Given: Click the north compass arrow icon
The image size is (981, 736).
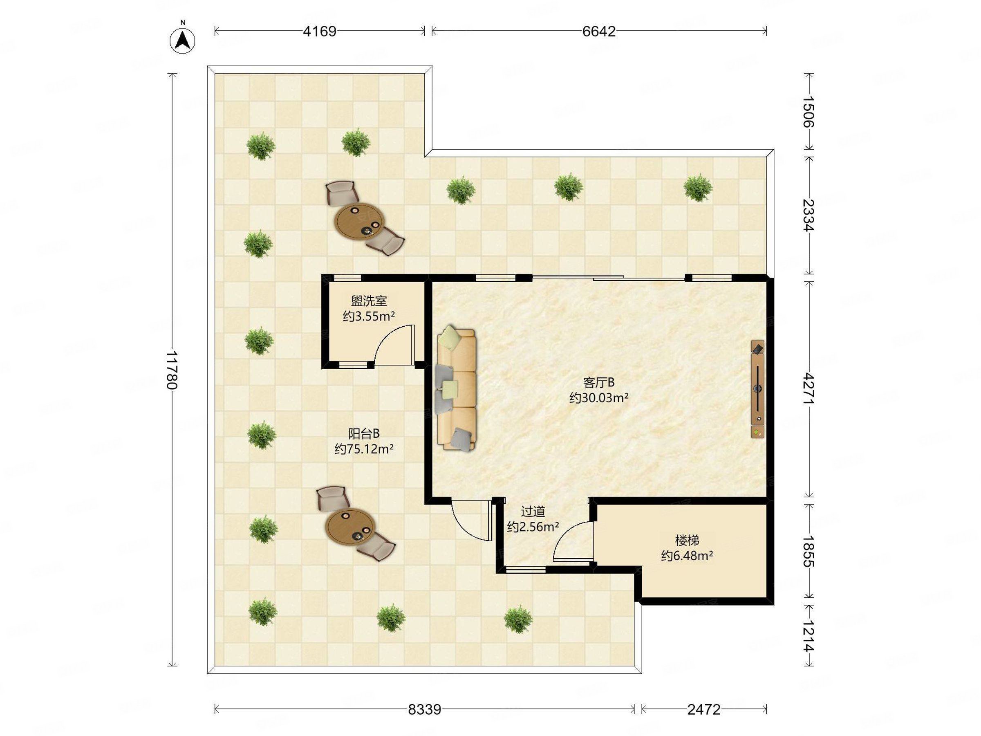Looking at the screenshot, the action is pyautogui.click(x=183, y=40).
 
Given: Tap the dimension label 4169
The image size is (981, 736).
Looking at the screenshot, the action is pyautogui.click(x=319, y=31).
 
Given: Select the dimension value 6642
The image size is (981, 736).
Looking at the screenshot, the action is pyautogui.click(x=599, y=31).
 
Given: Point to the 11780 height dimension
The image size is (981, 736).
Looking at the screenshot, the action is pyautogui.click(x=172, y=370).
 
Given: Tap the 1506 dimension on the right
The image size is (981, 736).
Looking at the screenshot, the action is pyautogui.click(x=809, y=111).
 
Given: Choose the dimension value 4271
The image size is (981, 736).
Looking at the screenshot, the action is pyautogui.click(x=809, y=388).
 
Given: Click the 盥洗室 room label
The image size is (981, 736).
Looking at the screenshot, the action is pyautogui.click(x=369, y=301).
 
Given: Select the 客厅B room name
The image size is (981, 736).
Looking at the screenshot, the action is pyautogui.click(x=599, y=382).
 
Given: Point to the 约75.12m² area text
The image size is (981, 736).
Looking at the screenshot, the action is pyautogui.click(x=364, y=449).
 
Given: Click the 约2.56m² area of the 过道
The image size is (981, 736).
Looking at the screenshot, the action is pyautogui.click(x=533, y=527).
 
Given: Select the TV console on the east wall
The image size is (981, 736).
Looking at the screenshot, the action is pyautogui.click(x=758, y=389).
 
